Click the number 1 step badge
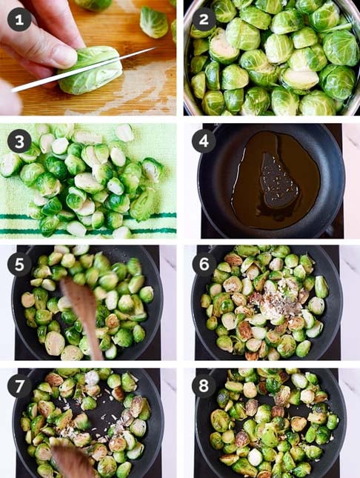19,20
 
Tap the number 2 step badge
204,19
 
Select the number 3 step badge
19,142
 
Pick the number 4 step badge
204,141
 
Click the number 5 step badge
19,265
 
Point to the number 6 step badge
204,264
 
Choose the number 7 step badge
19,387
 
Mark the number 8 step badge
204,386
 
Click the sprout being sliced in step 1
91,70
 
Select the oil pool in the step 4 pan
274,180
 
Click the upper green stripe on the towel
88,216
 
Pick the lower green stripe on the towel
88,231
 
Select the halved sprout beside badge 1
154,23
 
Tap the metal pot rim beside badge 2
188,61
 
